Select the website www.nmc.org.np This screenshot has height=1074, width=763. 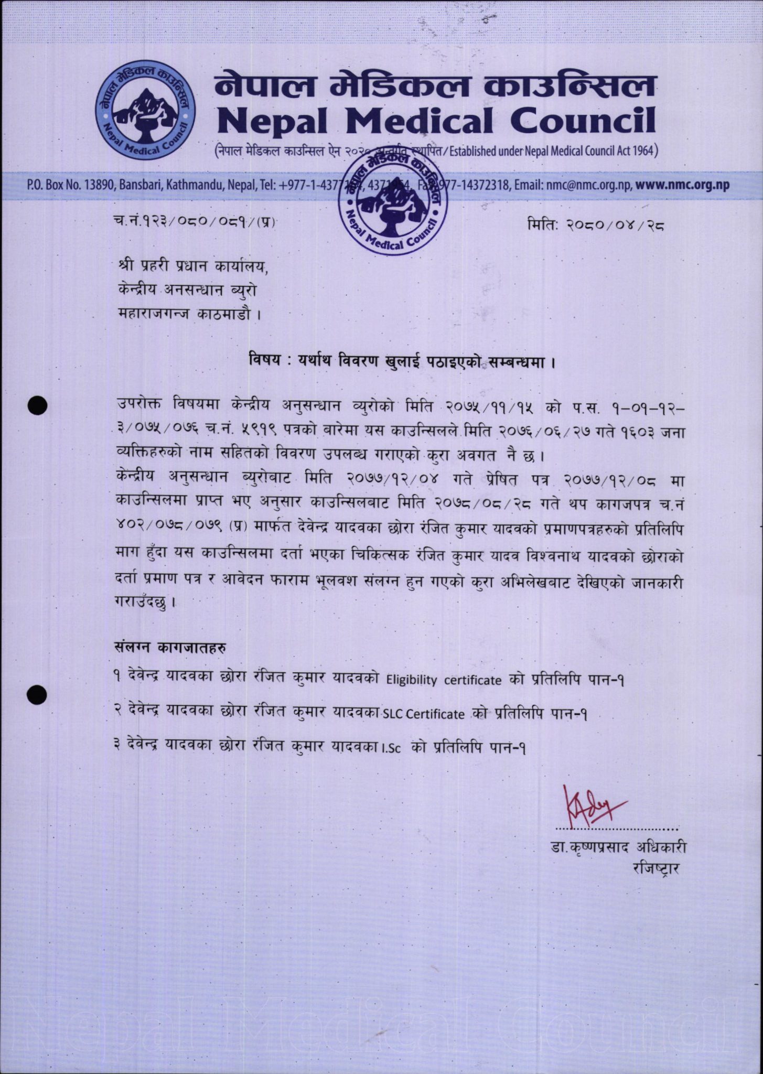point(682,185)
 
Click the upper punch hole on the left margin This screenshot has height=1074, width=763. point(38,405)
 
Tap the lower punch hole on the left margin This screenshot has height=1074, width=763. point(38,694)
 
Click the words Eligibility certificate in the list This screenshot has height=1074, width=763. point(444,680)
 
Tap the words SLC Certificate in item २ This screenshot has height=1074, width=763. point(424,714)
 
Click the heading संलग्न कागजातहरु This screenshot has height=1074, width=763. point(170,648)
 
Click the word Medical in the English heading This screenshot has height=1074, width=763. point(418,120)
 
